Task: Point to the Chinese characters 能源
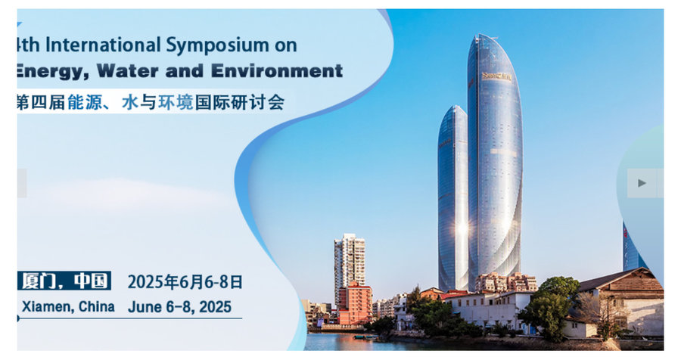(x=85, y=103)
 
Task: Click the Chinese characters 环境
(x=176, y=103)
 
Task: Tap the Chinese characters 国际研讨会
(x=240, y=103)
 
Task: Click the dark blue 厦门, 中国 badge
(x=64, y=281)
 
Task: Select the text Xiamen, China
(x=68, y=306)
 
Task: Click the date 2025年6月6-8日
(x=185, y=282)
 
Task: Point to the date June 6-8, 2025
(x=179, y=307)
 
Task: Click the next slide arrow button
(x=642, y=183)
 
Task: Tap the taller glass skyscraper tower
(x=495, y=160)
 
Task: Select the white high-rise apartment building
(x=349, y=261)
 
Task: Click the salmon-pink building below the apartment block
(x=356, y=304)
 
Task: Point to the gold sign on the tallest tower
(x=497, y=77)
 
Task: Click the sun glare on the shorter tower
(x=462, y=228)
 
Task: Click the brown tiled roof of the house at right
(x=619, y=280)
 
